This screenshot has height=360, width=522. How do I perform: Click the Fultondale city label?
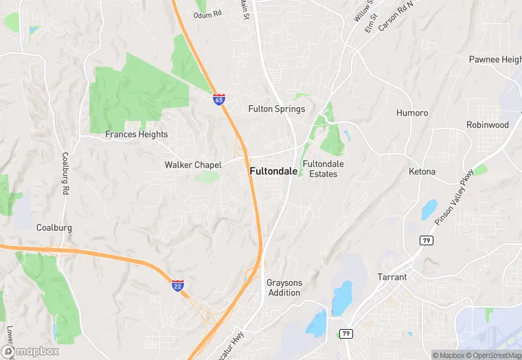click(273, 172)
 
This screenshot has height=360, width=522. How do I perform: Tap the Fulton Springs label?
click(276, 109)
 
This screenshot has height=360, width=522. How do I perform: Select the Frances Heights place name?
click(136, 135)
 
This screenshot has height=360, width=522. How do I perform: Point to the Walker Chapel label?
click(193, 165)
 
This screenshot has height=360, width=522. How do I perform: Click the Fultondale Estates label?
click(323, 169)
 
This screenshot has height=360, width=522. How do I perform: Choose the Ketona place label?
click(422, 171)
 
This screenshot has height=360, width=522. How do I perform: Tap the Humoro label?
click(412, 113)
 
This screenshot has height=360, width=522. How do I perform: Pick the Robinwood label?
click(488, 125)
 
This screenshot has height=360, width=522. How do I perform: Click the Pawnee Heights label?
click(495, 60)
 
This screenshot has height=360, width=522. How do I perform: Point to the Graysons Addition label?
click(284, 288)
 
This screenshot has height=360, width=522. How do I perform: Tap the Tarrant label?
click(392, 278)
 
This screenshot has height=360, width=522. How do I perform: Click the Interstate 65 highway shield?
click(218, 100)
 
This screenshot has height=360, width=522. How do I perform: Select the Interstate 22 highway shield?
click(177, 285)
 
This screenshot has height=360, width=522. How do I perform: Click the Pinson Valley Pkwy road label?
click(455, 197)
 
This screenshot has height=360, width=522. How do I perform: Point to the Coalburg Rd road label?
click(66, 172)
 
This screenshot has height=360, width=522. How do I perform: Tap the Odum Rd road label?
click(207, 14)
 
